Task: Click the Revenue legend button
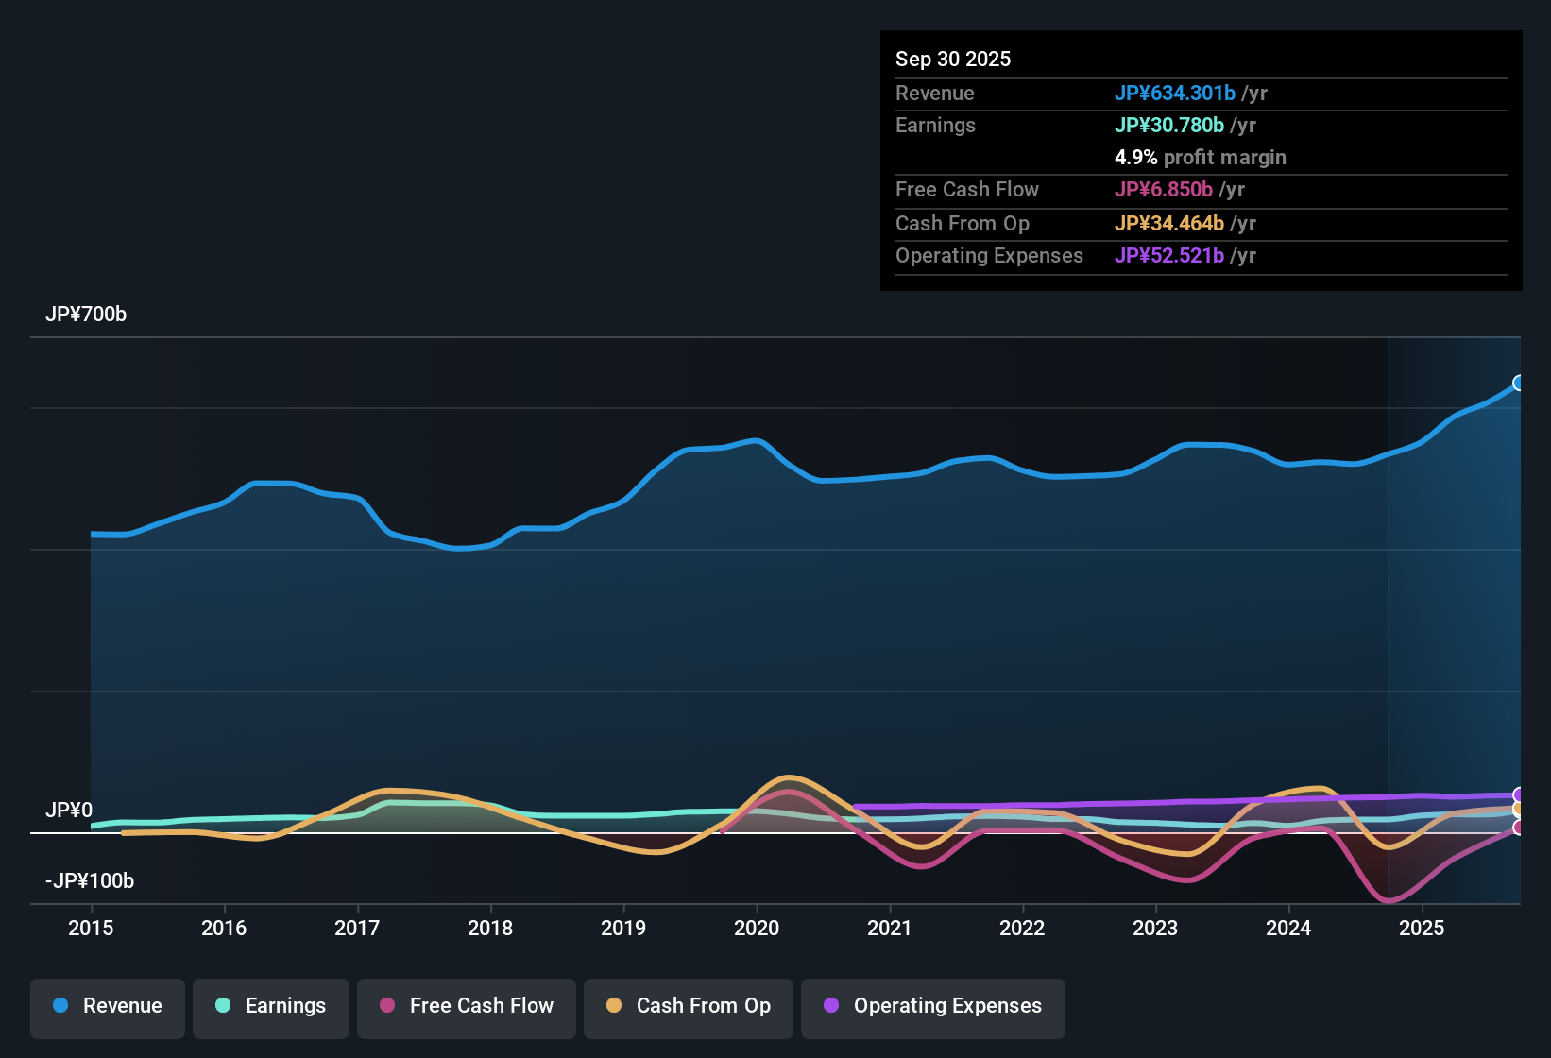point(108,1006)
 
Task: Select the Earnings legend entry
point(270,1006)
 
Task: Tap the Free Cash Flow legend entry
point(467,1006)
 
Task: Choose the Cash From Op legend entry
point(689,1006)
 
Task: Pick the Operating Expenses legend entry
point(932,1006)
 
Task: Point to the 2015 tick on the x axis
point(91,928)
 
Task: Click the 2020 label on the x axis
point(757,928)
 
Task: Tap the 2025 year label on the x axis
point(1422,928)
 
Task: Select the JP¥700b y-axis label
point(86,315)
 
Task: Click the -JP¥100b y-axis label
point(90,881)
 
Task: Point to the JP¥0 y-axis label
point(69,811)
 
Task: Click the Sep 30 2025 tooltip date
point(953,60)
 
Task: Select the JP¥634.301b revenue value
point(1174,94)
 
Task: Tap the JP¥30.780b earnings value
point(1168,126)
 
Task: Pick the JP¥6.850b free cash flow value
point(1163,190)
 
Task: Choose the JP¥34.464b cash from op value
point(1168,224)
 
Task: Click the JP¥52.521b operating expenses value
point(1168,256)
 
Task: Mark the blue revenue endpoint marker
point(1519,383)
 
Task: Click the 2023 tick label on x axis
point(1155,928)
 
